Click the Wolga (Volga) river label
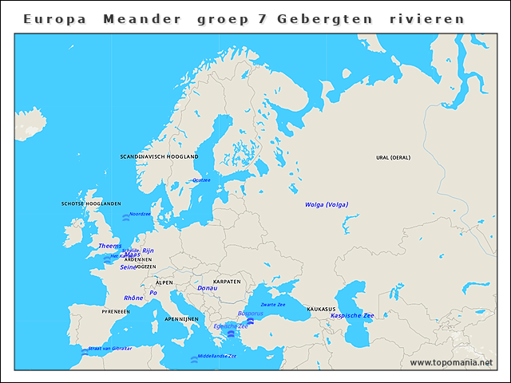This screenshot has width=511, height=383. [327, 205]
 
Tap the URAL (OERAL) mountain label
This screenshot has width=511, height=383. [393, 157]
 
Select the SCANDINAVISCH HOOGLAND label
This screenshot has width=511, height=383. [159, 157]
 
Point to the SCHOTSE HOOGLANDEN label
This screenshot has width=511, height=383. [91, 204]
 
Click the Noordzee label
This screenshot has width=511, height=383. [140, 214]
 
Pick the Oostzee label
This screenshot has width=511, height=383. [201, 180]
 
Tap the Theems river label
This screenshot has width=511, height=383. [110, 246]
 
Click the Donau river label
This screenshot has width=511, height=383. [207, 288]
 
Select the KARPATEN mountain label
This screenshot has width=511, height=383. [227, 282]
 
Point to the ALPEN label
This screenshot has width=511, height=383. [164, 282]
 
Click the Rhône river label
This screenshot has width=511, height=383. [133, 298]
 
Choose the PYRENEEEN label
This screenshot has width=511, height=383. [115, 311]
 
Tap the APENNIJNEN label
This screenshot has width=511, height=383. [181, 318]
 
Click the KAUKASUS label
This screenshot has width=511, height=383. [321, 309]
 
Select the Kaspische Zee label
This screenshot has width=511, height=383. [352, 316]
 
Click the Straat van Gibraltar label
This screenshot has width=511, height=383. [109, 349]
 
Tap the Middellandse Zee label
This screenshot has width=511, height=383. [217, 356]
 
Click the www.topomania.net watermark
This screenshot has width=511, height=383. [451, 363]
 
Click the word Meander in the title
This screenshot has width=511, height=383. [141, 18]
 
